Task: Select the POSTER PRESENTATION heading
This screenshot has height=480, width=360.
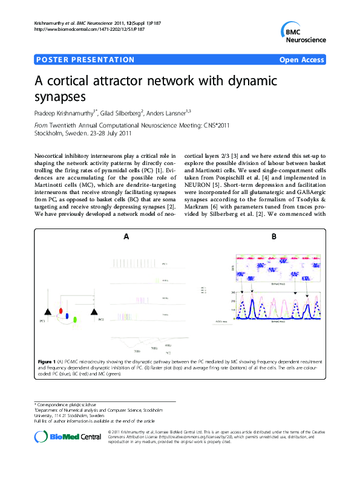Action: tap(85, 60)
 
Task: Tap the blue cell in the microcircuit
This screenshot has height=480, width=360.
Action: tap(67, 315)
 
